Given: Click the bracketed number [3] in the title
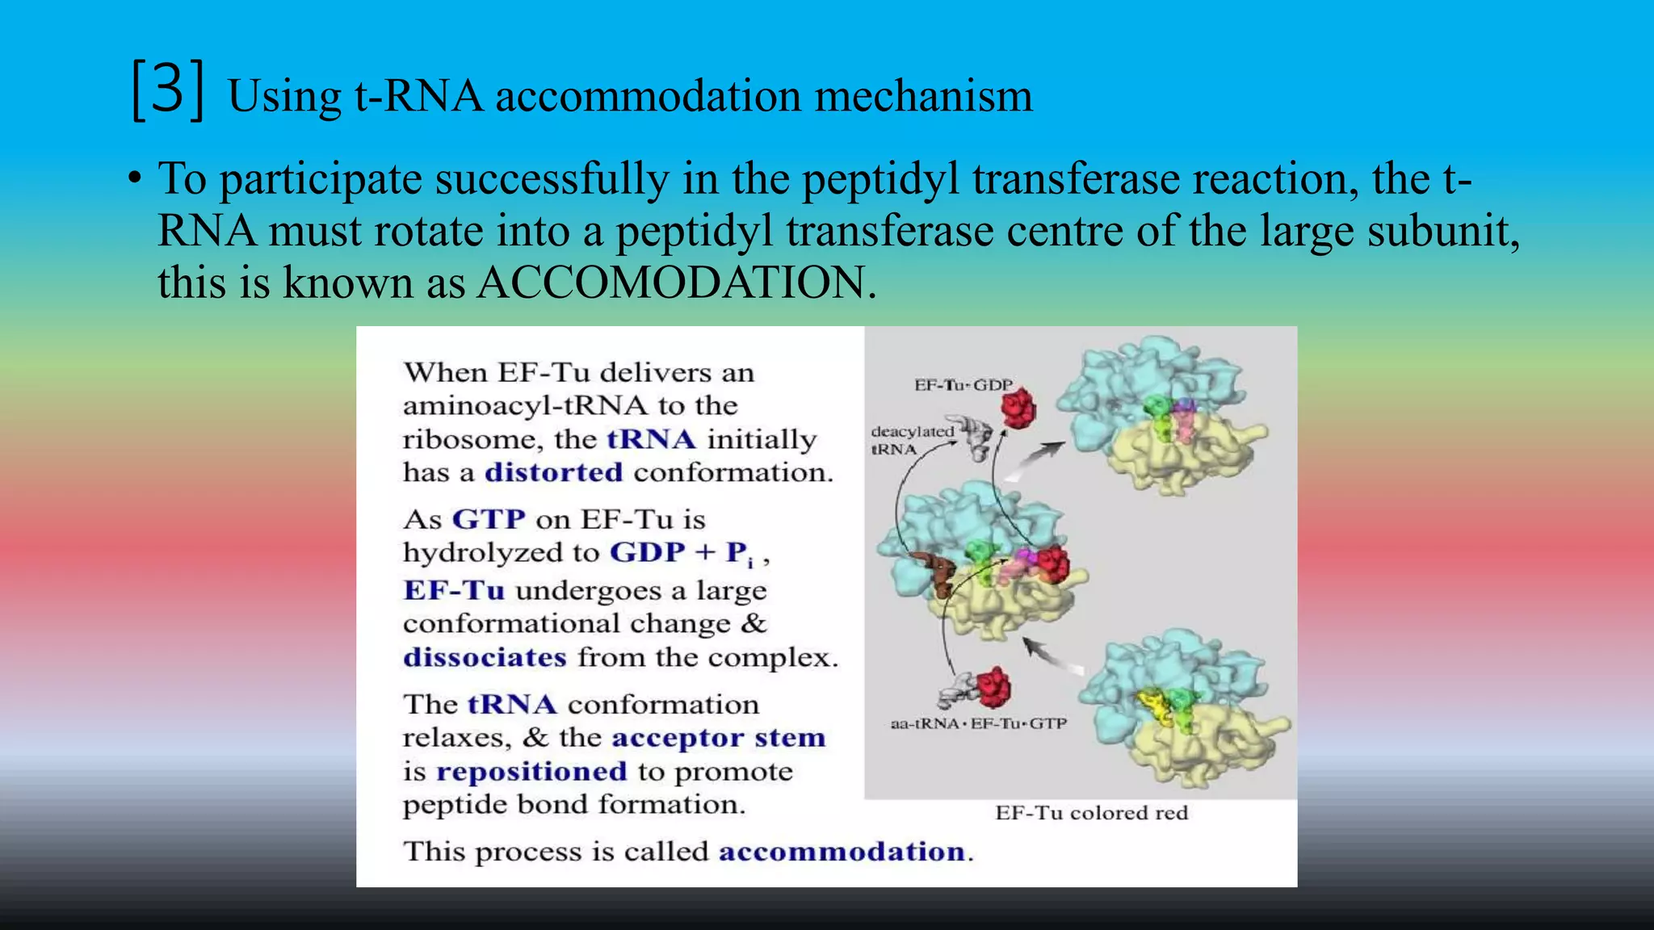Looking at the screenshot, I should click(x=167, y=91).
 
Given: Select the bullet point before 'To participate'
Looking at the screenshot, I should click(x=135, y=179).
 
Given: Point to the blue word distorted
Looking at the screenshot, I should click(x=553, y=472).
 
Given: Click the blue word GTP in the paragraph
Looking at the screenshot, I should click(x=489, y=519).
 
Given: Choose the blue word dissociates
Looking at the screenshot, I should click(x=485, y=658).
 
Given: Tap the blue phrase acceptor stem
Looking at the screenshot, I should click(x=718, y=738).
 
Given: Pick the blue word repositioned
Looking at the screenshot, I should click(x=531, y=772).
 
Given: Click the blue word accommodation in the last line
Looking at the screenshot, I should click(x=842, y=852).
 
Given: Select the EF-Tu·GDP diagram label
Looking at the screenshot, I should click(x=963, y=385).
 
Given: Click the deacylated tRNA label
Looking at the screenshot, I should click(x=911, y=440).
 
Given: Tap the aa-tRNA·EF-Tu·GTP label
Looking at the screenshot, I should click(x=978, y=723).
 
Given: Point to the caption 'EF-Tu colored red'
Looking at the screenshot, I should click(x=1091, y=813).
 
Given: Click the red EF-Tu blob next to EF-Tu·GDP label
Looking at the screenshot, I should click(x=1018, y=408).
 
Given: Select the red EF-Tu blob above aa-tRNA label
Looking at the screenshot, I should click(x=993, y=687).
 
